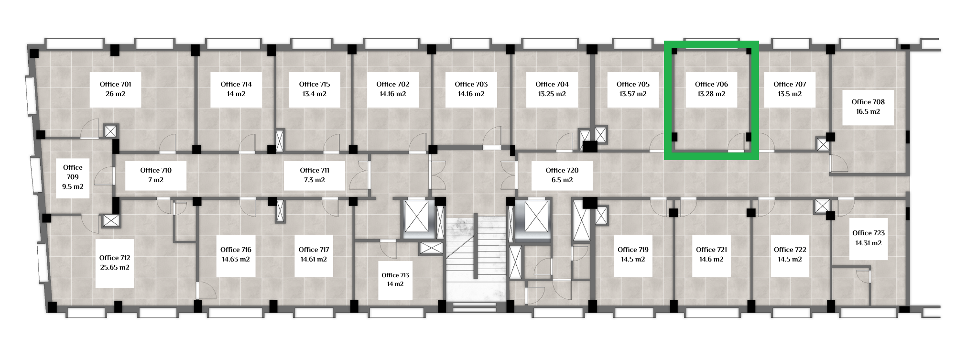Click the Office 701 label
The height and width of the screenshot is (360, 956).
(115, 84)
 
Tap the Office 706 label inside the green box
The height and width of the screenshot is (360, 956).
(711, 84)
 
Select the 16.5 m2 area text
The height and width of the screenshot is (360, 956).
(868, 111)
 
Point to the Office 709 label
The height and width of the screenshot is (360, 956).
(73, 172)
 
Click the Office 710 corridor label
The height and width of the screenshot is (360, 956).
(156, 170)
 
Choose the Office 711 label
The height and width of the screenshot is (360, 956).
(315, 170)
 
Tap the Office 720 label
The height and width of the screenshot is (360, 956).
(562, 170)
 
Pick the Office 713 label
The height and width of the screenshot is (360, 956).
(395, 275)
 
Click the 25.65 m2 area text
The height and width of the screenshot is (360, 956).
(115, 267)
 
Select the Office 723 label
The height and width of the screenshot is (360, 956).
(869, 233)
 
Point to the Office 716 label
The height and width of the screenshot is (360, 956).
(236, 250)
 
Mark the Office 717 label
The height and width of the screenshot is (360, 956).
(314, 250)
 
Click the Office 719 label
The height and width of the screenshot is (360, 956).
(633, 250)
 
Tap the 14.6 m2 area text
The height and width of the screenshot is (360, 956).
(711, 259)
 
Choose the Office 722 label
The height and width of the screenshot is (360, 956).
(790, 250)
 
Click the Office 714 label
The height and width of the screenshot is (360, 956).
(236, 84)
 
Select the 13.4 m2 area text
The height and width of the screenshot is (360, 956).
(315, 94)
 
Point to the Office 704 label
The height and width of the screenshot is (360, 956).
(552, 84)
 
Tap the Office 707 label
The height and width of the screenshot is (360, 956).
(790, 84)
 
